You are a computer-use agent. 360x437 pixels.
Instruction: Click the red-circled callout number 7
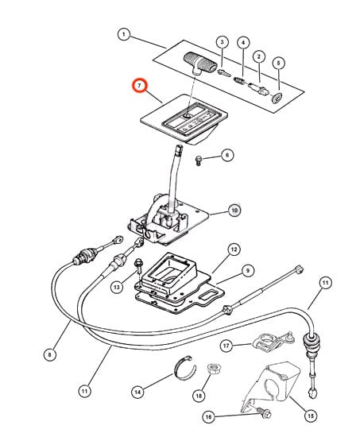tap(139, 86)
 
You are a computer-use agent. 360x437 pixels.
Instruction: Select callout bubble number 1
tap(124, 35)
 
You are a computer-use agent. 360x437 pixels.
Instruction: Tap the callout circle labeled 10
tap(234, 210)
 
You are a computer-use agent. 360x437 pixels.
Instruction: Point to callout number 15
tap(311, 416)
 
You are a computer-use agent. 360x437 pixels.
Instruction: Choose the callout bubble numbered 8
tap(50, 355)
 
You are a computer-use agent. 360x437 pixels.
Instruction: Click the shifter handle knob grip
tap(200, 62)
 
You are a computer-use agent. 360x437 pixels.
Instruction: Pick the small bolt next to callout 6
tap(199, 160)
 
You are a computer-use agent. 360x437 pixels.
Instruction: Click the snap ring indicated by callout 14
tap(185, 368)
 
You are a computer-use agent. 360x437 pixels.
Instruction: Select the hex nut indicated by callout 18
tap(212, 371)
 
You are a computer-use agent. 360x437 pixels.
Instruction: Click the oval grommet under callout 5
tap(277, 98)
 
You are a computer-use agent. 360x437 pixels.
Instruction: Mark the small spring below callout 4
tap(239, 81)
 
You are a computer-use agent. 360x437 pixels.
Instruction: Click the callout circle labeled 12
tap(234, 249)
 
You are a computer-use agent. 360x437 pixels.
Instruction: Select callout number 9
tap(248, 270)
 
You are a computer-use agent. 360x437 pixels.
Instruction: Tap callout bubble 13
tap(117, 287)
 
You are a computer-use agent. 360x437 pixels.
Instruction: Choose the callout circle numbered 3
tap(223, 42)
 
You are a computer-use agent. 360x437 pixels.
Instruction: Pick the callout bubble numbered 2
tap(259, 57)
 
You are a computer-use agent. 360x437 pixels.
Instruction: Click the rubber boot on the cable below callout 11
tap(311, 346)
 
